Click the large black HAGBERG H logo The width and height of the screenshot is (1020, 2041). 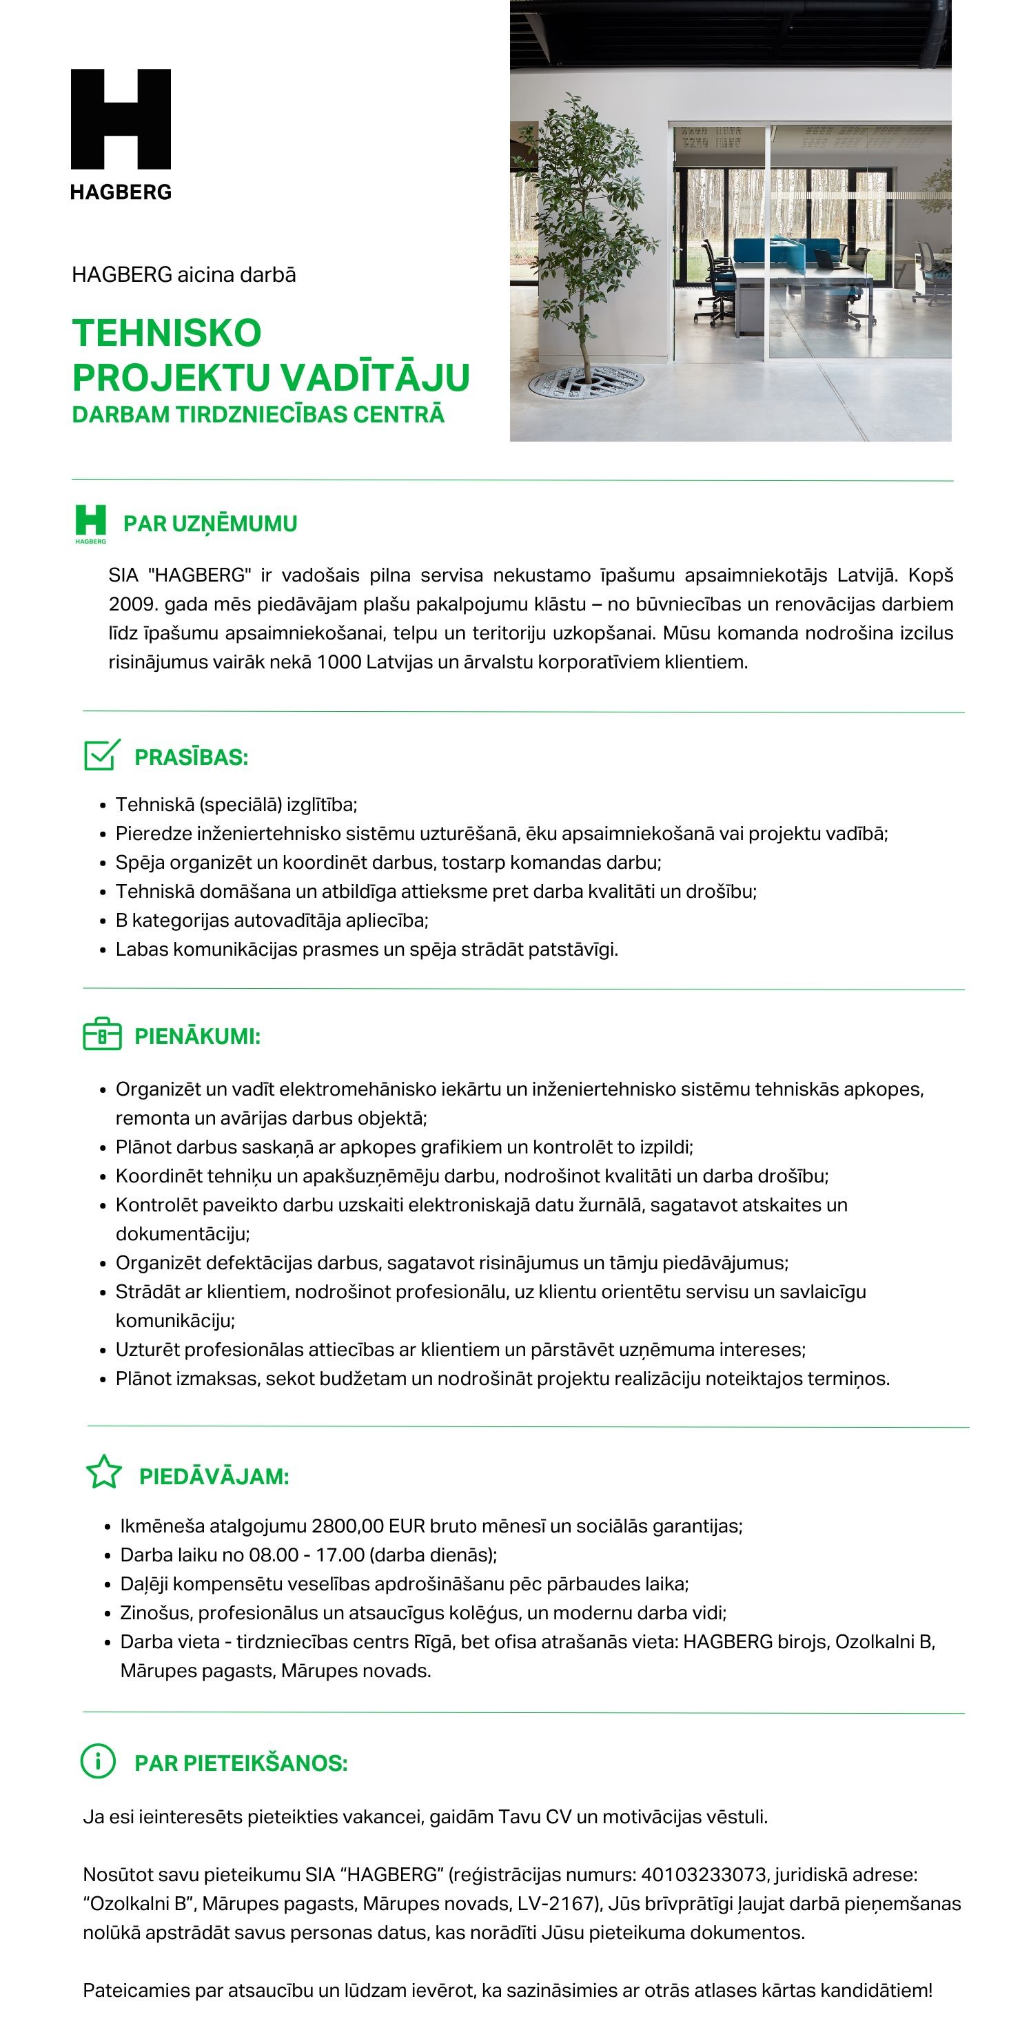[x=121, y=119]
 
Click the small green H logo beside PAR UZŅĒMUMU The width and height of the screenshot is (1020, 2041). [x=90, y=522]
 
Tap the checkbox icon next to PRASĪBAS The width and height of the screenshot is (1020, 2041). [x=102, y=755]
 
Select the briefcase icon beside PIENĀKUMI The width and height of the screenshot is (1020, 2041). [x=102, y=1035]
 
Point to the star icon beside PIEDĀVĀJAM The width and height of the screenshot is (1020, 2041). [x=104, y=1473]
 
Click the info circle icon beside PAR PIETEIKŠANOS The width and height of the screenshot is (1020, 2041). [x=99, y=1761]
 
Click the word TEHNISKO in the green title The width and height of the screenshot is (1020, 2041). [x=166, y=333]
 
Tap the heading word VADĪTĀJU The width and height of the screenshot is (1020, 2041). [x=371, y=377]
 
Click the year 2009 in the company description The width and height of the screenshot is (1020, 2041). [x=132, y=604]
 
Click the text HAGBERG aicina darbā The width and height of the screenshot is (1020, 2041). [x=184, y=275]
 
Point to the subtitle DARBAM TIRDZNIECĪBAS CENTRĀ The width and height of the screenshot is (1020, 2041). [x=258, y=414]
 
